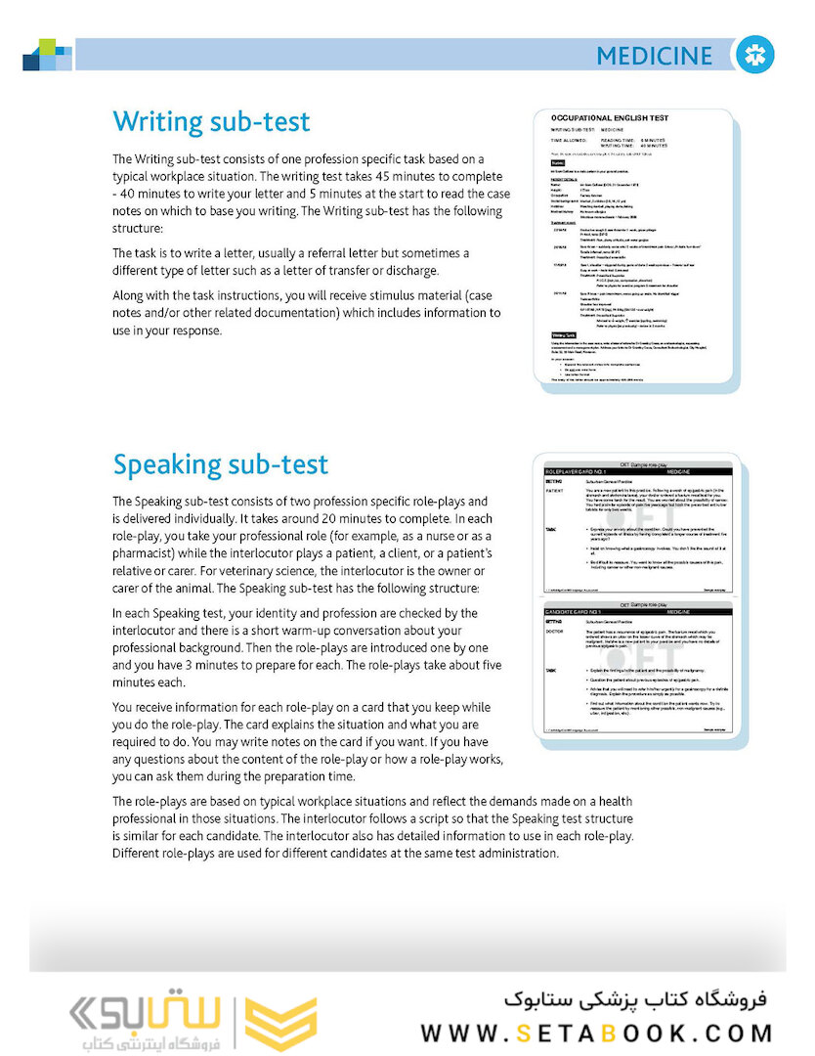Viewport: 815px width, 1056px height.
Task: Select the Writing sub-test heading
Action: [211, 122]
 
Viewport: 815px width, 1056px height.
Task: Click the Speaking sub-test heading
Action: [221, 464]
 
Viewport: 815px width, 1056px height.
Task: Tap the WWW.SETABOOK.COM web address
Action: [597, 1033]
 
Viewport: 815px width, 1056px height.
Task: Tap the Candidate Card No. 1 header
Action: [587, 612]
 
